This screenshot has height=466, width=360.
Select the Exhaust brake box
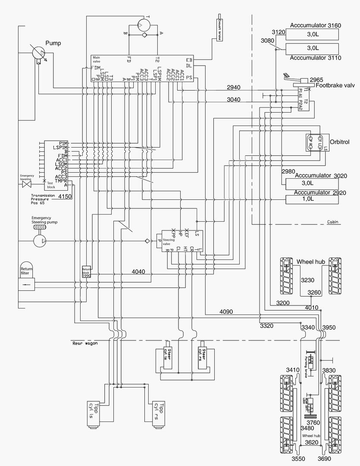tap(219, 29)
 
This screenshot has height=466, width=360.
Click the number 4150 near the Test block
tap(65, 196)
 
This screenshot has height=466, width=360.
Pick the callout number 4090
tap(226, 312)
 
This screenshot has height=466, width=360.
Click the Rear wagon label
tap(83, 343)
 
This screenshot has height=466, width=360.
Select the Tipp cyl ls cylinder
tap(94, 414)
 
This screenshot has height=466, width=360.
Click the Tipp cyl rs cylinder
tap(159, 414)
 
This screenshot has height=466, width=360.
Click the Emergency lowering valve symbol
tap(27, 184)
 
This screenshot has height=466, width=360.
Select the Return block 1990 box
tap(87, 272)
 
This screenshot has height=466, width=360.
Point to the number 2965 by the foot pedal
tap(316, 80)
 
